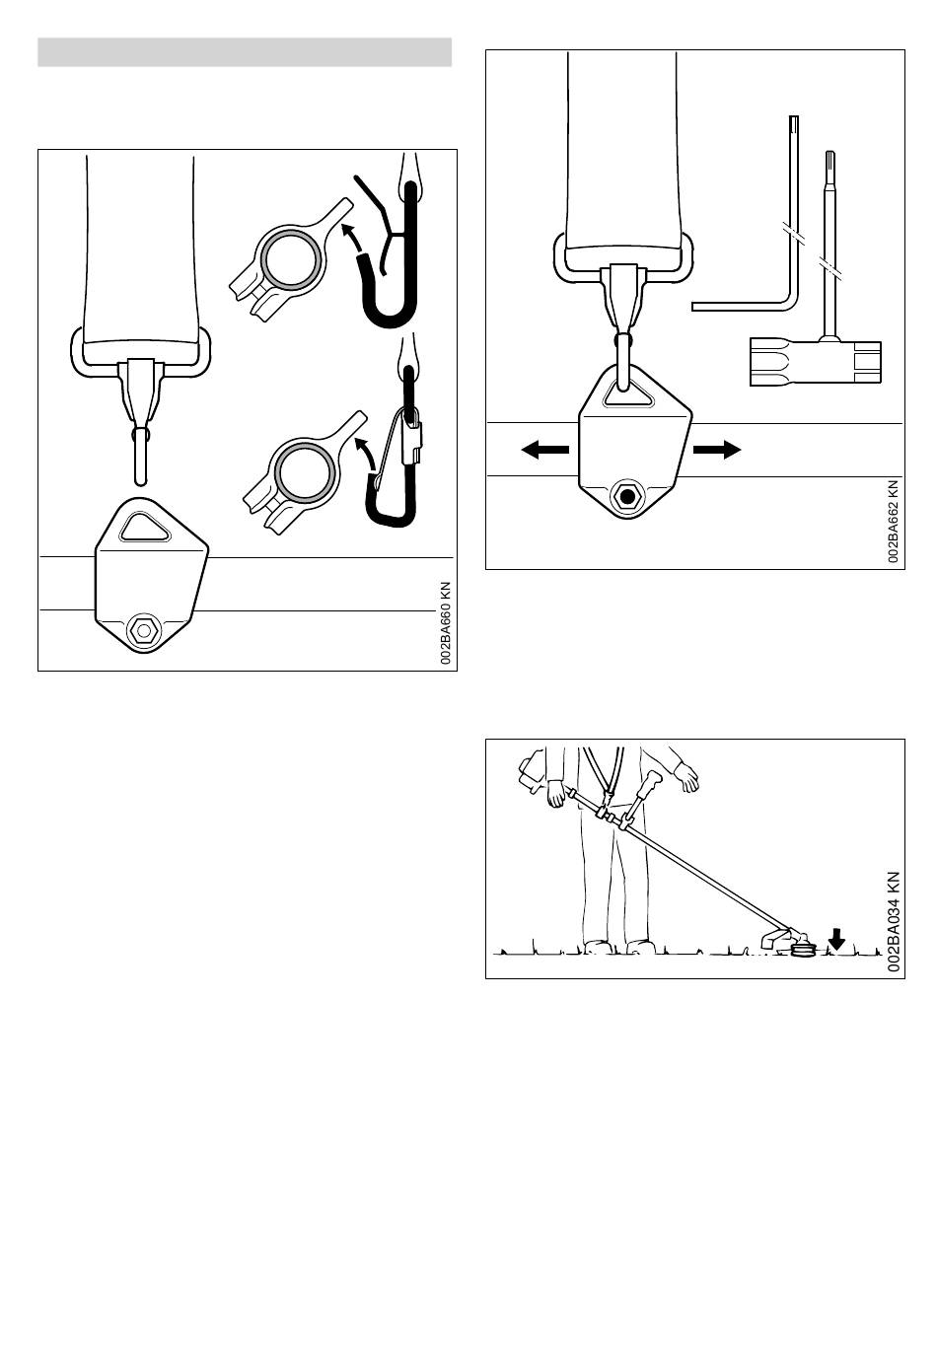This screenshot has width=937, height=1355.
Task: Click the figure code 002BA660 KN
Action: tap(446, 623)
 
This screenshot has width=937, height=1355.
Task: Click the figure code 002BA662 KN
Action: tap(893, 521)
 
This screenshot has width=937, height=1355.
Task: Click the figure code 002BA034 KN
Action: tap(894, 921)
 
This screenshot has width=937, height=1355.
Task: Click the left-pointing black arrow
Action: tap(545, 450)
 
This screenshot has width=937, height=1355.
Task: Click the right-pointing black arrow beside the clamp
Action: tap(717, 450)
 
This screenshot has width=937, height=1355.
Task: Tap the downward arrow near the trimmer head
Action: tap(836, 940)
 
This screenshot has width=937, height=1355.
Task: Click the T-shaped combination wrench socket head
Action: tap(816, 362)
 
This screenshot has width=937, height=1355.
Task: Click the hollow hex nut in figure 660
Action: tap(143, 630)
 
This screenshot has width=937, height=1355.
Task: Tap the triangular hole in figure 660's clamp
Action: tap(145, 527)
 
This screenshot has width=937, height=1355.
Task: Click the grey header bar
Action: tap(245, 52)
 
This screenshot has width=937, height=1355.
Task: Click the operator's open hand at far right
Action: tap(686, 777)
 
